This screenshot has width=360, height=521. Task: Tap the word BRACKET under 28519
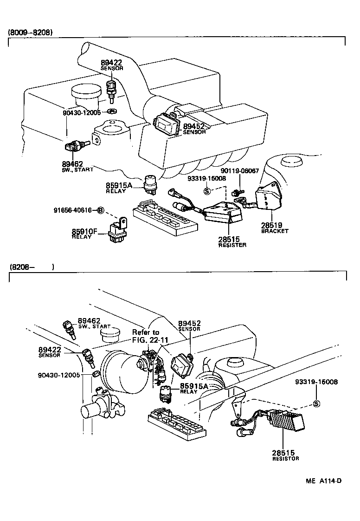tap(275, 231)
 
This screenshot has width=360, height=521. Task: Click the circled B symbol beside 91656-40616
tap(100, 210)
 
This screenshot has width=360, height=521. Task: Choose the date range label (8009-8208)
tap(30, 33)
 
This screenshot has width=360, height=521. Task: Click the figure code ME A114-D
tap(323, 481)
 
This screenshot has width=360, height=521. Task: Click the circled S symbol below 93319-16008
tap(316, 403)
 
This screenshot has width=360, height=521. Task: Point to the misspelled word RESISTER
tap(232, 245)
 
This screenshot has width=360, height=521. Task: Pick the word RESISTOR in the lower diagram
tap(285, 458)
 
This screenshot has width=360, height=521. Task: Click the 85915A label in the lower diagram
tap(194, 386)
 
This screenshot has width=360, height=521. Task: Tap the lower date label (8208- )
tap(31, 267)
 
